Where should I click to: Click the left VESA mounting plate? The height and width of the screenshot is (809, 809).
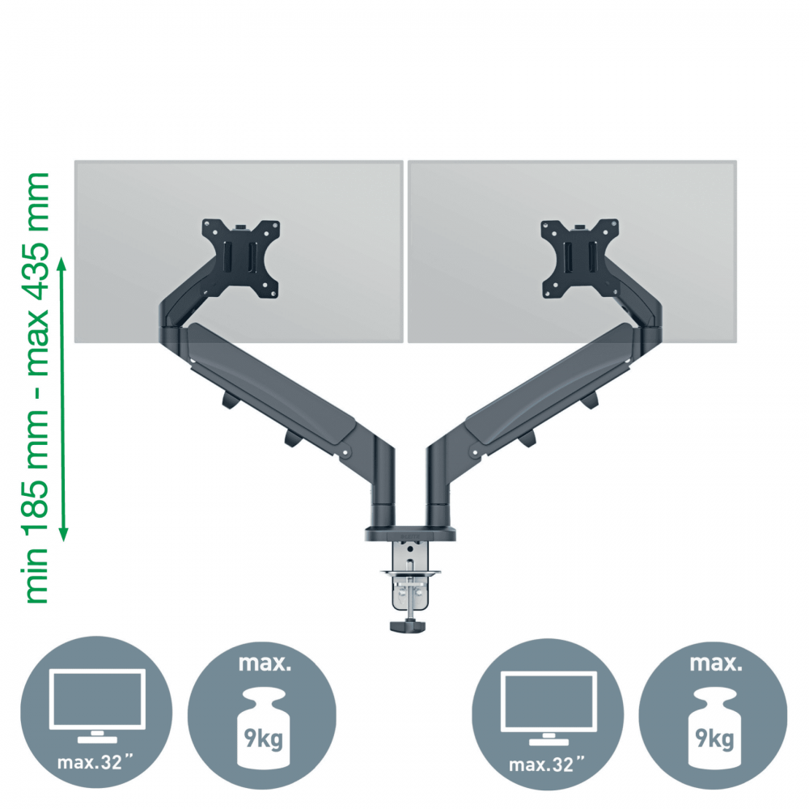click(x=241, y=258)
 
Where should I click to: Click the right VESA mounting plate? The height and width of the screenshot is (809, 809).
click(x=580, y=258)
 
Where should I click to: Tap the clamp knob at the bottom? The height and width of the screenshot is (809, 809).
click(x=408, y=626)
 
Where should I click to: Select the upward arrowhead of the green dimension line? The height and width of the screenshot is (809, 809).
click(x=62, y=265)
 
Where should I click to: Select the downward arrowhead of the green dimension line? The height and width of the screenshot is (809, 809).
click(x=63, y=535)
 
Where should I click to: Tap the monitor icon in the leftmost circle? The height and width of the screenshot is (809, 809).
click(x=97, y=705)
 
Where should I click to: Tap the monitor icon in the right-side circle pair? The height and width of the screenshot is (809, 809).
click(x=549, y=708)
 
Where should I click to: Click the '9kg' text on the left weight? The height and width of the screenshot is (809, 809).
click(x=264, y=739)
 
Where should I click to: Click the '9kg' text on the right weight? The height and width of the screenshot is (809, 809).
click(x=714, y=739)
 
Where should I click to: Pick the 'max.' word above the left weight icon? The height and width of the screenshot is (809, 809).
click(x=265, y=663)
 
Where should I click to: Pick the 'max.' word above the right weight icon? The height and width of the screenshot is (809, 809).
click(x=716, y=663)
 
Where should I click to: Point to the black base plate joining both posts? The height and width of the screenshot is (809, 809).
click(x=410, y=533)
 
